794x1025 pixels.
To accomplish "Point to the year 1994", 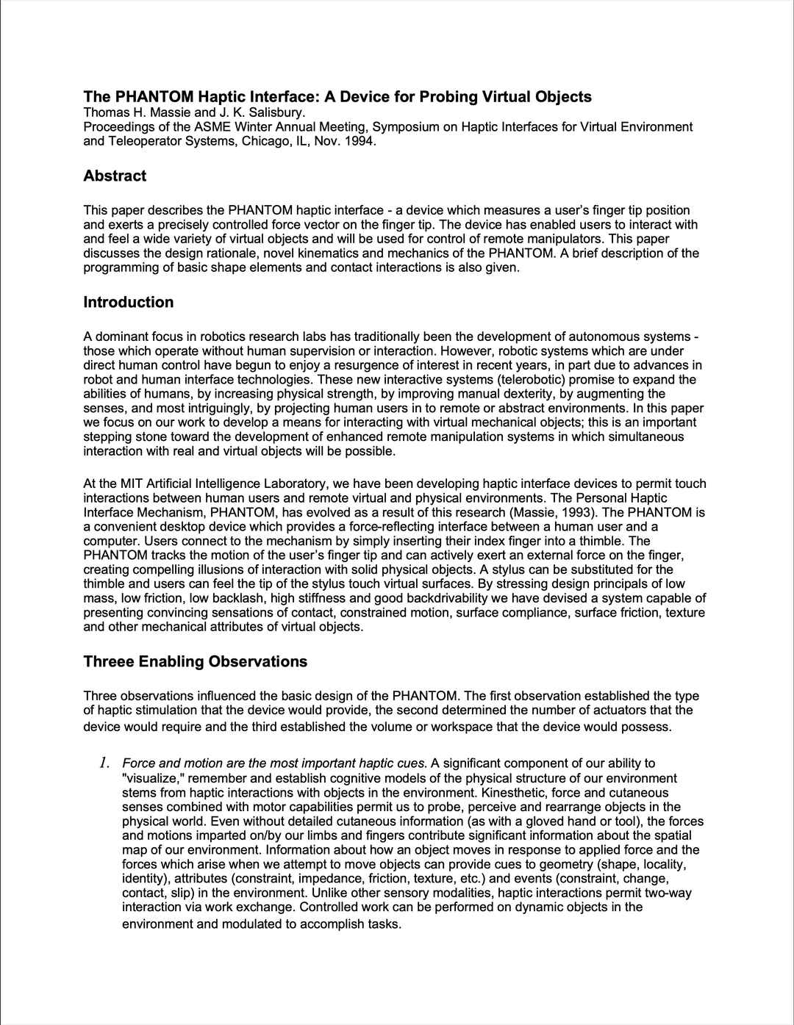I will tap(360, 141).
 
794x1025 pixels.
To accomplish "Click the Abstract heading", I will tap(115, 176).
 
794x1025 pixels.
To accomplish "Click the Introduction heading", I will tap(129, 303).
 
